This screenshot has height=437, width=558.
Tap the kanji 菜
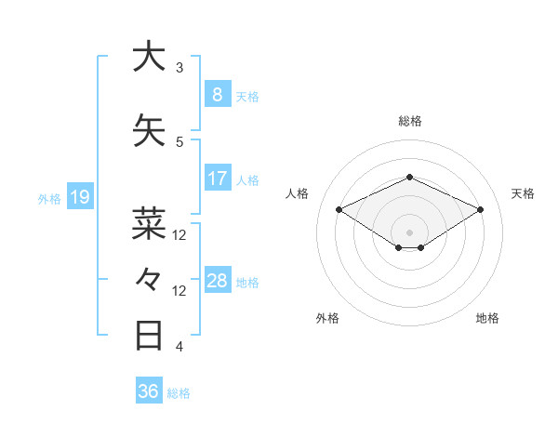pyautogui.click(x=149, y=224)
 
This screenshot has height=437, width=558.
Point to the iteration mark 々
pyautogui.click(x=149, y=279)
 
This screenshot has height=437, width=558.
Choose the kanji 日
pyautogui.click(x=149, y=335)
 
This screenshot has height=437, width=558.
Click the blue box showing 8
pyautogui.click(x=217, y=94)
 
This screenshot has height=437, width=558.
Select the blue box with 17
pyautogui.click(x=217, y=179)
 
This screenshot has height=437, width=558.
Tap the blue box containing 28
pyautogui.click(x=217, y=281)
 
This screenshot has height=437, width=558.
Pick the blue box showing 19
pyautogui.click(x=79, y=197)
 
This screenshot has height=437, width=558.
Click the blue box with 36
pyautogui.click(x=148, y=391)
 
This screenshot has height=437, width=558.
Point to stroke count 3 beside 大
pyautogui.click(x=179, y=68)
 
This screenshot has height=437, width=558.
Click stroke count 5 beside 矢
pyautogui.click(x=179, y=142)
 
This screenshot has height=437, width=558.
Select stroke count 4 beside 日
pyautogui.click(x=179, y=347)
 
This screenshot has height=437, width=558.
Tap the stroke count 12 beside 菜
pyautogui.click(x=179, y=235)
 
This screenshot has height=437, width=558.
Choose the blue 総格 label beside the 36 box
pyautogui.click(x=179, y=393)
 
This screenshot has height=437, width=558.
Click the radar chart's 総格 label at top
pyautogui.click(x=409, y=121)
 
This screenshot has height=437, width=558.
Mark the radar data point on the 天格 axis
pyautogui.click(x=480, y=209)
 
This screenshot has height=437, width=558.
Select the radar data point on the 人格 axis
pyautogui.click(x=339, y=209)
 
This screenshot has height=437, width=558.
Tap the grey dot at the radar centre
pyautogui.click(x=409, y=231)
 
